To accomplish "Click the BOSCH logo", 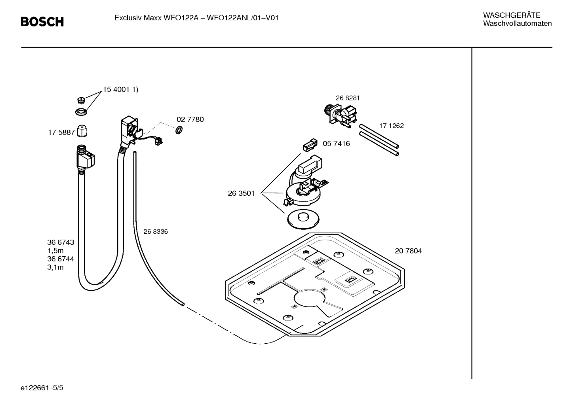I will coord(42,22).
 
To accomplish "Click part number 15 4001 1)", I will coord(120,90).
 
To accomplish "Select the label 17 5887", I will coord(61,132).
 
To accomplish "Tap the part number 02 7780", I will coord(190,119).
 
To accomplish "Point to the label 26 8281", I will coord(348,98).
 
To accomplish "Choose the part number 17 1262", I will coord(391,126).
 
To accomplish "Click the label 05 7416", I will coord(336,144).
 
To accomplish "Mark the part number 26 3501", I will coord(241,193).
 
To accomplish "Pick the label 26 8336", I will coord(155,232).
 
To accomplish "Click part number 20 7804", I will coord(408,251).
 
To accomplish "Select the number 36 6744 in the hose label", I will coord(61,259).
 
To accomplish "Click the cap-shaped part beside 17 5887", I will coord(82,131).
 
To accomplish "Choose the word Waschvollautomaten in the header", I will coord(517,24).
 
